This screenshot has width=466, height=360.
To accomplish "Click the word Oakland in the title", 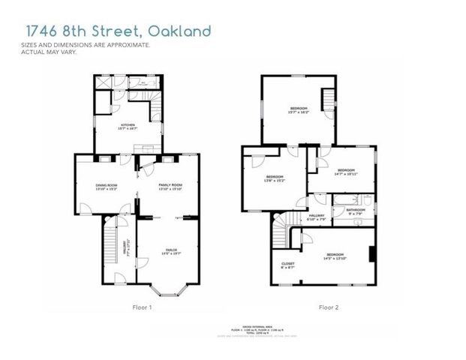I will [179, 31].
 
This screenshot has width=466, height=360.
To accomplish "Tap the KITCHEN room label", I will [128, 126].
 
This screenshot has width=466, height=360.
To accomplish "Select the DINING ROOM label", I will [106, 186].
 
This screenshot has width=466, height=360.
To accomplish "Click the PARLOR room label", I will [172, 250].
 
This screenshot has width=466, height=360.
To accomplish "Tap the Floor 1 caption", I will [141, 307].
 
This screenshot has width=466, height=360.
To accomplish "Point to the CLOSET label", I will [287, 264].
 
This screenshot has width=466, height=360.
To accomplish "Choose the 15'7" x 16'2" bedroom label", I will [299, 110].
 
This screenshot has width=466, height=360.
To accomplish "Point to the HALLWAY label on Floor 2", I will [316, 217].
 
